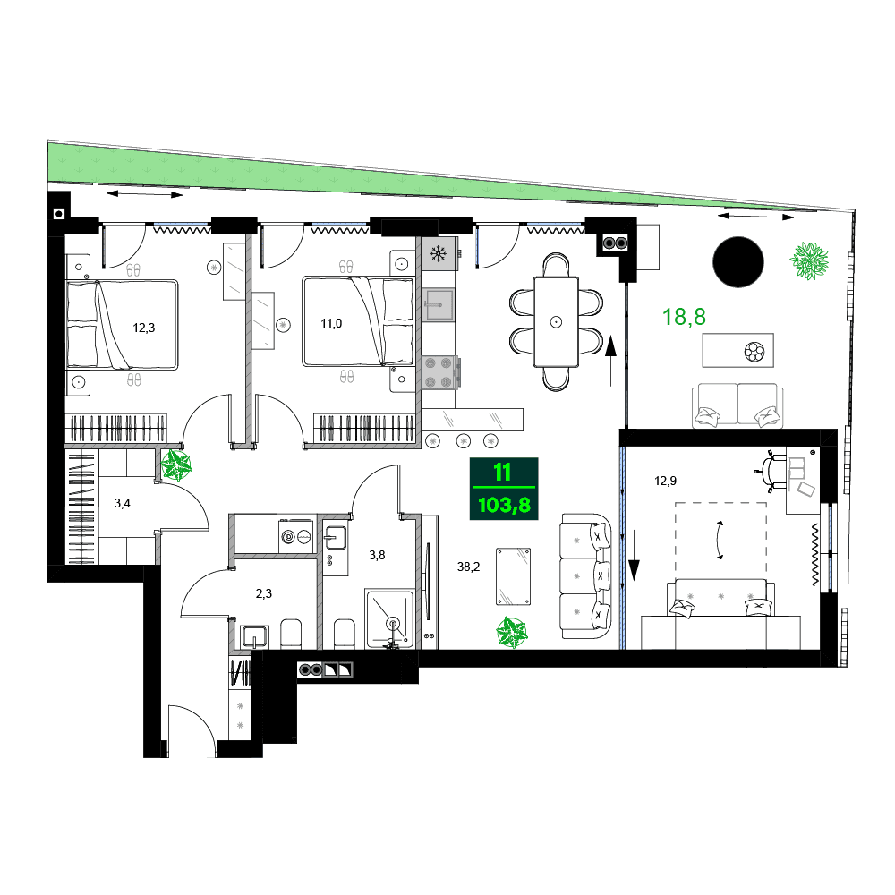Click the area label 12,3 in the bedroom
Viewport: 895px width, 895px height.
[144, 328]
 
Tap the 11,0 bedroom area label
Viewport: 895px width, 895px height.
[331, 323]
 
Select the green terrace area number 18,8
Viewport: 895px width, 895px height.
[684, 316]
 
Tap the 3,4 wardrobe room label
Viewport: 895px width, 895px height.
[123, 503]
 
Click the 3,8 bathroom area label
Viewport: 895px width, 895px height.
[378, 555]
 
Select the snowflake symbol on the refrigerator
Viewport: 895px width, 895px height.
[439, 253]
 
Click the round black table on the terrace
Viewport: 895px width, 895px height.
[738, 261]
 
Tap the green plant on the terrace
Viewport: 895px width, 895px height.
[811, 260]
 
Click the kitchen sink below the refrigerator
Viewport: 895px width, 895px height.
[439, 303]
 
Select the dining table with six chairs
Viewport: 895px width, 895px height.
[557, 320]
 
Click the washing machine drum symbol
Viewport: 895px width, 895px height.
[288, 537]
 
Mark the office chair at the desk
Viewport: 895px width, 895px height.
[771, 468]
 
